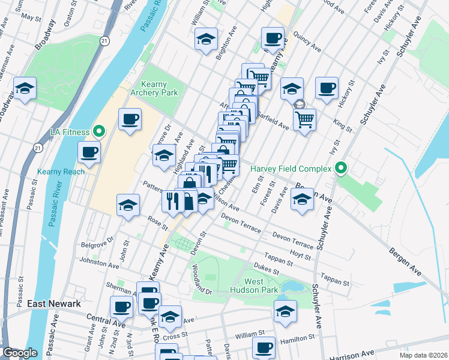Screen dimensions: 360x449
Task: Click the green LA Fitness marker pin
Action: (x=100, y=131)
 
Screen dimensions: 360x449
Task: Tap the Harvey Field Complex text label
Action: (x=291, y=169)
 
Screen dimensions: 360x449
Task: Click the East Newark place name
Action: (x=54, y=304)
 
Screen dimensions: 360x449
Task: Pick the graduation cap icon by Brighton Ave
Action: (x=206, y=40)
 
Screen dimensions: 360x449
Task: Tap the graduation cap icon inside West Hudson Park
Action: (x=285, y=311)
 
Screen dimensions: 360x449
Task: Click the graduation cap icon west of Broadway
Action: (x=25, y=89)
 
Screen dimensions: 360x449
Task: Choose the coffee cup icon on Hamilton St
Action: (x=263, y=347)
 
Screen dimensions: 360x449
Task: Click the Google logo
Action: (x=20, y=353)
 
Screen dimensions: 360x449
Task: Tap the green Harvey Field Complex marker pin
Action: (x=342, y=169)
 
